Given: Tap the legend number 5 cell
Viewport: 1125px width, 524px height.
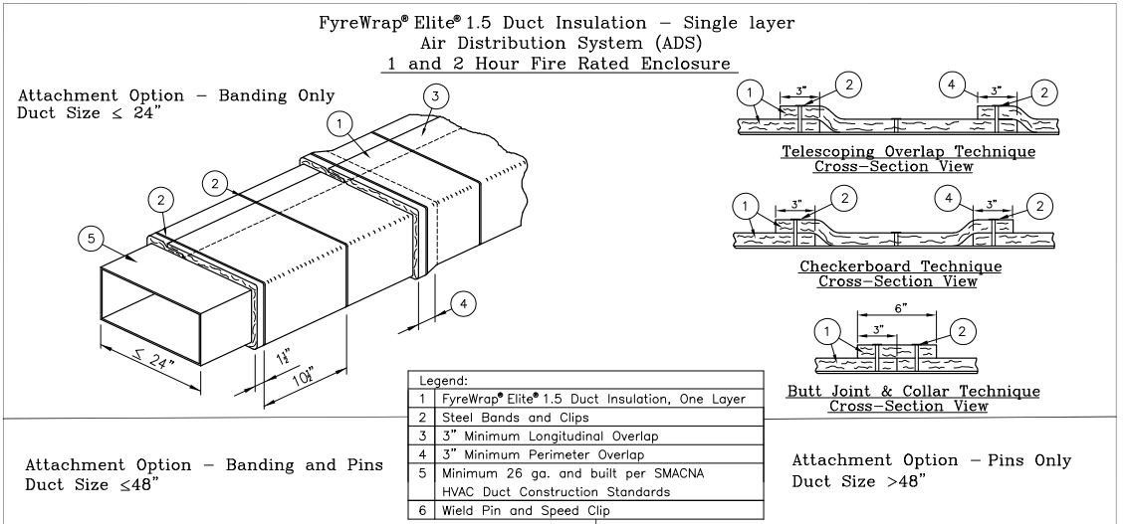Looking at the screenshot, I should pyautogui.click(x=422, y=472).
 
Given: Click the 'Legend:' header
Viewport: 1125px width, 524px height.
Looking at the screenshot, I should pyautogui.click(x=445, y=381).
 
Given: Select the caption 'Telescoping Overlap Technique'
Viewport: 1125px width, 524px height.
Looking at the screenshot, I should pyautogui.click(x=907, y=152).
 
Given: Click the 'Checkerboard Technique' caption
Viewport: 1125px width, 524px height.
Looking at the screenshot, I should pyautogui.click(x=900, y=266).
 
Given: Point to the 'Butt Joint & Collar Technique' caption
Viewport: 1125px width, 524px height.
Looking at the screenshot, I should pyautogui.click(x=913, y=392).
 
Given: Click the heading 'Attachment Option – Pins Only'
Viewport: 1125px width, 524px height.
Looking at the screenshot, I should pyautogui.click(x=932, y=460).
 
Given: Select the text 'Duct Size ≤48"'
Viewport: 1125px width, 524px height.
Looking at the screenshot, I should pyautogui.click(x=92, y=484).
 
